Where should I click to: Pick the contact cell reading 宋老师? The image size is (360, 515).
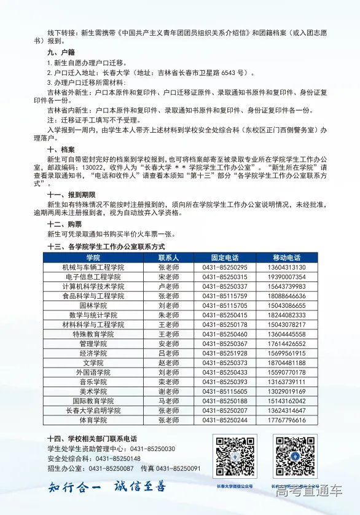click(168, 277)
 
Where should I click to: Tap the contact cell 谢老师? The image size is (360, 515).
click(168, 391)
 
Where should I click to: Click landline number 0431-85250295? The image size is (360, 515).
click(224, 267)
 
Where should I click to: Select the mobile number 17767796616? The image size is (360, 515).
click(286, 420)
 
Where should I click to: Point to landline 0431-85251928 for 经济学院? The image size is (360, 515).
click(224, 353)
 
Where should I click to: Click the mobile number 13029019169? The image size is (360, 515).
click(286, 391)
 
